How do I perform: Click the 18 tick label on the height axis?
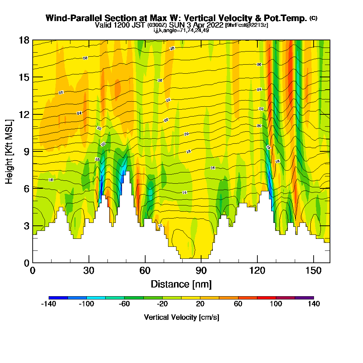(x=24, y=40)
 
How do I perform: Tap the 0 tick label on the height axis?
(x=26, y=262)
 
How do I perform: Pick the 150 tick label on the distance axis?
(x=313, y=271)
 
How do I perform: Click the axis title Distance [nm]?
(x=181, y=284)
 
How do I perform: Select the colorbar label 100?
(x=276, y=304)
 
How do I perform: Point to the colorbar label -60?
(x=125, y=304)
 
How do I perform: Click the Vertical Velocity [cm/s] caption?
(x=181, y=317)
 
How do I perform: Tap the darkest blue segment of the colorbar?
(x=58, y=298)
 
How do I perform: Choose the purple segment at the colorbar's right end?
(x=304, y=298)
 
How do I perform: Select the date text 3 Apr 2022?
(x=205, y=25)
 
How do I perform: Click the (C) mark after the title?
(x=313, y=18)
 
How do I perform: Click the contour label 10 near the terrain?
(x=160, y=226)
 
